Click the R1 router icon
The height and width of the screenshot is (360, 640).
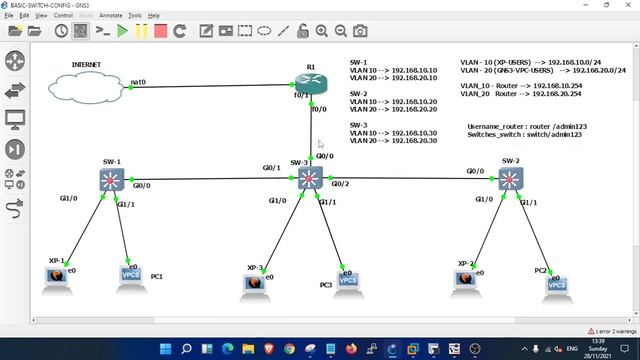click(312, 85)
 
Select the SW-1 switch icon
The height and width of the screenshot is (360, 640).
click(111, 180)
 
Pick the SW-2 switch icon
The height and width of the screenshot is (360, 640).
click(510, 180)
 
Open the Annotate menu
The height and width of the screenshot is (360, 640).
click(109, 16)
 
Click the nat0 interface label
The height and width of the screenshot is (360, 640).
click(139, 82)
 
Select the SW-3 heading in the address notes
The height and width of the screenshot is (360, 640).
click(359, 126)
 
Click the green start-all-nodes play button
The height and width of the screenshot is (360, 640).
click(122, 31)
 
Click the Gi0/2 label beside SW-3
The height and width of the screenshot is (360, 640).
click(340, 184)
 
